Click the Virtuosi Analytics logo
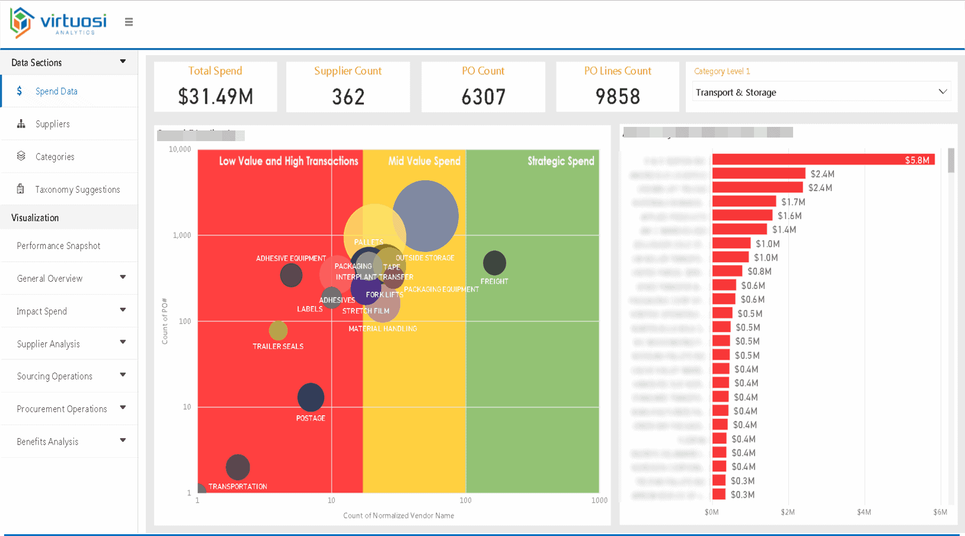click(58, 23)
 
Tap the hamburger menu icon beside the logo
click(129, 22)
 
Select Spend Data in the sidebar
click(56, 91)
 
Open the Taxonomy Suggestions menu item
click(77, 190)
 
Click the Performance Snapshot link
click(58, 246)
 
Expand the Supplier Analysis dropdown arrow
click(123, 342)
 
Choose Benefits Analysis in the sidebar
click(47, 442)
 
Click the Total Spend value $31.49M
click(215, 97)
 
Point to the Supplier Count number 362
click(348, 97)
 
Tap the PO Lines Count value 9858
click(618, 97)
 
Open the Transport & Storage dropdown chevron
click(942, 92)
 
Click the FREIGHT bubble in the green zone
click(494, 263)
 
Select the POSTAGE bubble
click(311, 397)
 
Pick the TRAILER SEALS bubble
click(278, 330)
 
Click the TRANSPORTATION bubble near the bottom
click(238, 467)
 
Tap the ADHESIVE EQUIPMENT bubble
click(291, 275)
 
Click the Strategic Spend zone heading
click(560, 161)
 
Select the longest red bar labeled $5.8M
click(823, 159)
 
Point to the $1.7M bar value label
click(793, 202)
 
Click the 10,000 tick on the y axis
click(180, 149)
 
